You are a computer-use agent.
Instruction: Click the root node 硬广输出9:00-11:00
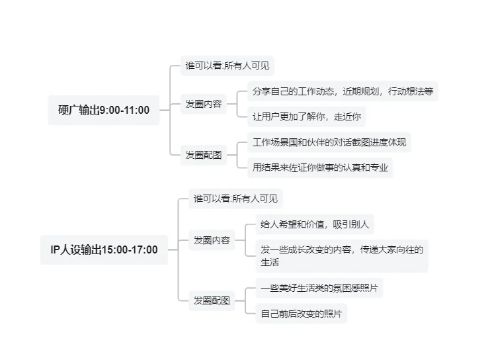coord(104,111)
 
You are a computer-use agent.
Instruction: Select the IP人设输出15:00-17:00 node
coord(104,249)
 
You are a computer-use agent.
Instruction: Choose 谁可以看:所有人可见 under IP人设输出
coord(235,198)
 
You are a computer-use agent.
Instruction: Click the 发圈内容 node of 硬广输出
coord(203,104)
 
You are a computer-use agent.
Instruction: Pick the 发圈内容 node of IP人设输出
coord(212,240)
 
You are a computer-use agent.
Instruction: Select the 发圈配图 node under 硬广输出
coord(203,156)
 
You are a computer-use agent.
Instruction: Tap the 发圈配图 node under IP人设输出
coord(212,300)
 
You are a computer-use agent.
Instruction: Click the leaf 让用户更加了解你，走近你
coord(306,116)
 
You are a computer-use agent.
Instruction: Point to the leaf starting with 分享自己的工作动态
coord(343,91)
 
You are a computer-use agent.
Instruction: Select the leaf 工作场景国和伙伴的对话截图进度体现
coord(329,142)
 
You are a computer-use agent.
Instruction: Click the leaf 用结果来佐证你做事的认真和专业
coord(320,167)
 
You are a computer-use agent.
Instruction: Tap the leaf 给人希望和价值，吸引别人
coord(315,224)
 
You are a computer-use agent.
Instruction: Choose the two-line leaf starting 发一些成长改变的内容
coord(341,255)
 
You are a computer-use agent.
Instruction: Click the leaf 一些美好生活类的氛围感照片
coord(320,288)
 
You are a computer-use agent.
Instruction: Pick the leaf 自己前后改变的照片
coord(301,313)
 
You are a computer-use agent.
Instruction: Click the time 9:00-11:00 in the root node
coord(124,111)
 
